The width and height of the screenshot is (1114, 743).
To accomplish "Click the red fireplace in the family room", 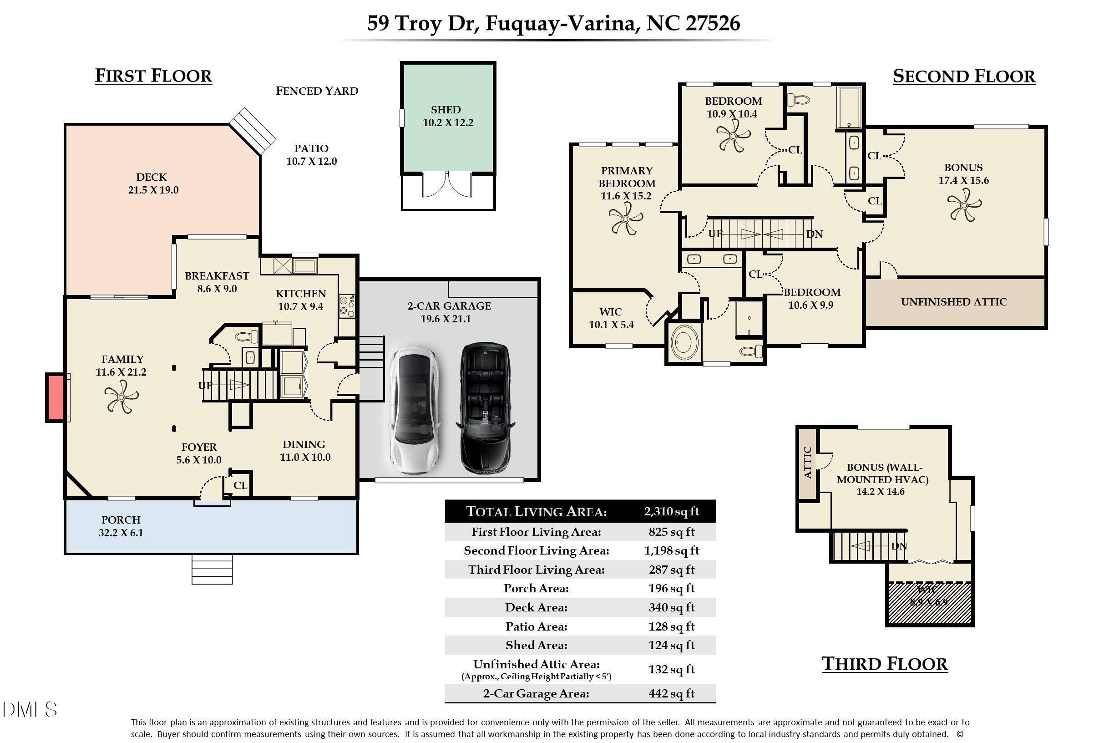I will (56, 397).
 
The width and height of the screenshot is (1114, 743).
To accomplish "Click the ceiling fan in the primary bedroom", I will (625, 219).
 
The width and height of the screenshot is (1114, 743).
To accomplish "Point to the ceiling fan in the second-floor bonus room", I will (964, 205).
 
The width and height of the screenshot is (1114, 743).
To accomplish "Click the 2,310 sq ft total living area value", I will (671, 511).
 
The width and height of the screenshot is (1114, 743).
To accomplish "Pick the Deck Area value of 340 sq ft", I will (671, 607).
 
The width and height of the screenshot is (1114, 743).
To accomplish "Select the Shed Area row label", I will (536, 645).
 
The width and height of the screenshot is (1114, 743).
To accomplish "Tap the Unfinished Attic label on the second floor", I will (953, 302).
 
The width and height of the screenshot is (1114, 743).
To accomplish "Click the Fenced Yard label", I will (317, 91).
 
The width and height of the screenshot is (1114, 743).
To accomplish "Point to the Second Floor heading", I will (963, 76).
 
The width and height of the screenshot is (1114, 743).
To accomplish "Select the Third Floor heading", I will (884, 663).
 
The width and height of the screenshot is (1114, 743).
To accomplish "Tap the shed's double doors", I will (446, 185).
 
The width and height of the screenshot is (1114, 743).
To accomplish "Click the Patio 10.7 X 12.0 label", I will (311, 155).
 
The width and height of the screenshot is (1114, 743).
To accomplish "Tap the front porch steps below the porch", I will (212, 569).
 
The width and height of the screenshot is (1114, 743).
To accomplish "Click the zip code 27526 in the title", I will (713, 23).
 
